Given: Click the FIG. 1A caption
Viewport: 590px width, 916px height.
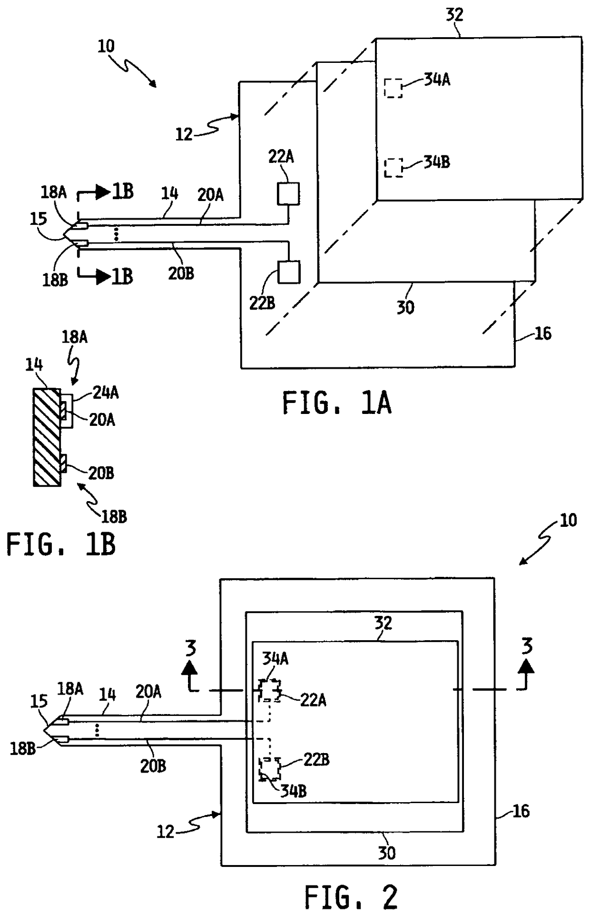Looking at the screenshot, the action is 336,403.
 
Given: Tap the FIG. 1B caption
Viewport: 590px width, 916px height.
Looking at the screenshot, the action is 61,544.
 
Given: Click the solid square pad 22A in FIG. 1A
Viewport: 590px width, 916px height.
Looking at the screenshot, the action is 288,194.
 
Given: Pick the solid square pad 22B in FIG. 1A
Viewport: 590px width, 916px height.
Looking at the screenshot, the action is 289,272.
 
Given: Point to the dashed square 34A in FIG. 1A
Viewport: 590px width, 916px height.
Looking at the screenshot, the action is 393,88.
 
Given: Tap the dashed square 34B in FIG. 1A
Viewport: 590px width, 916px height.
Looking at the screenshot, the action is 393,168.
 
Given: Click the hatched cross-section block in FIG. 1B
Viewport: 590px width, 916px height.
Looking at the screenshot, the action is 47,437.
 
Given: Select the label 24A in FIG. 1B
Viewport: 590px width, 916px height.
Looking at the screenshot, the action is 106,393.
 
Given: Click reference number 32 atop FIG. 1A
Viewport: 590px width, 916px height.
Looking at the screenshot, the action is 454,15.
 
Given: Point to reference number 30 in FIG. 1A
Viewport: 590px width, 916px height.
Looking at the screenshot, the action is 405,308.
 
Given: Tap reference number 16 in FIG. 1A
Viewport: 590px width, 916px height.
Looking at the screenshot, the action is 543,333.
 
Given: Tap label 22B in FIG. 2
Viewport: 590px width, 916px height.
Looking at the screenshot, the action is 316,760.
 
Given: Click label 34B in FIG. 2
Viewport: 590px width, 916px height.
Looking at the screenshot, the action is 294,791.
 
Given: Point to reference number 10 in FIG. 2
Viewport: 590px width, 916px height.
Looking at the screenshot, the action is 568,520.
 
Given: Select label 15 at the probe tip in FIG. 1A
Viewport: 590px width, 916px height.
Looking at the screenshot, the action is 39,219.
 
